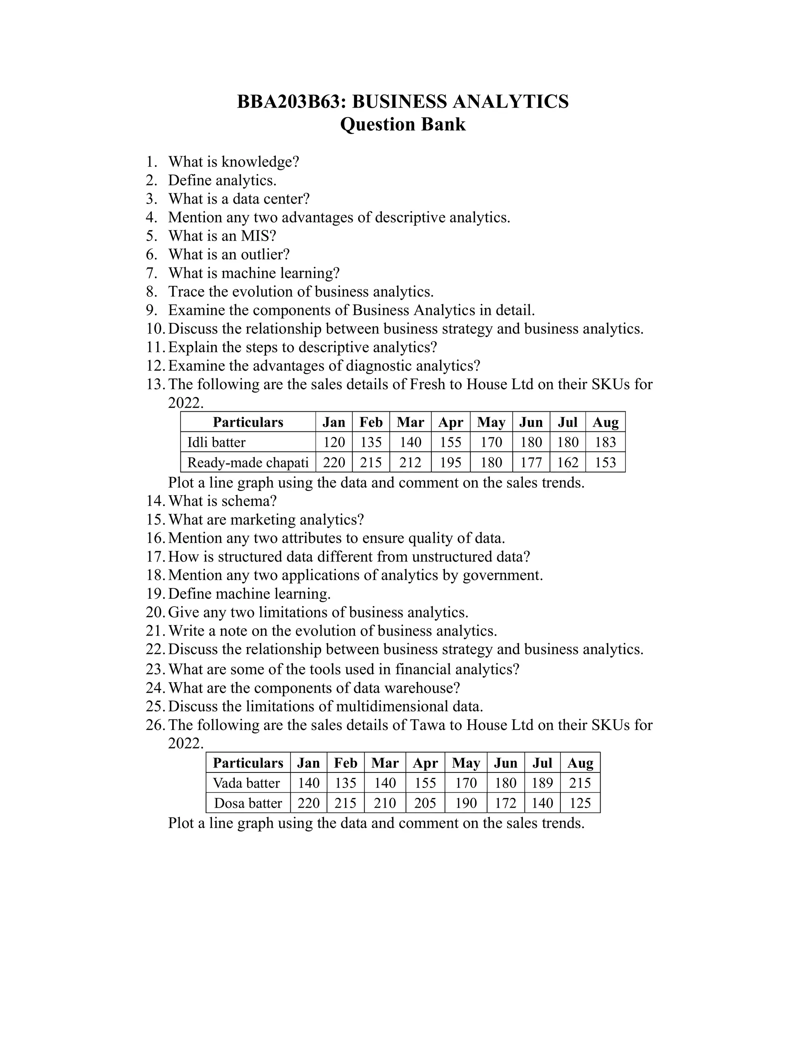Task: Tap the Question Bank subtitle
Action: coord(403,124)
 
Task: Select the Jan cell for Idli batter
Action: coord(334,442)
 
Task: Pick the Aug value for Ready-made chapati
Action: coord(605,462)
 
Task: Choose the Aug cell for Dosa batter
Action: coord(580,803)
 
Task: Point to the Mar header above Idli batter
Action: coord(410,422)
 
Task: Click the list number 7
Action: coord(152,273)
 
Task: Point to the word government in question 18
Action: coord(502,575)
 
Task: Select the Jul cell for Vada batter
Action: coord(542,783)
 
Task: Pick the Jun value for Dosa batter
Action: coord(505,803)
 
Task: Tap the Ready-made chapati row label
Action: coord(247,462)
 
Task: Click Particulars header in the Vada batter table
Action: coord(247,763)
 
